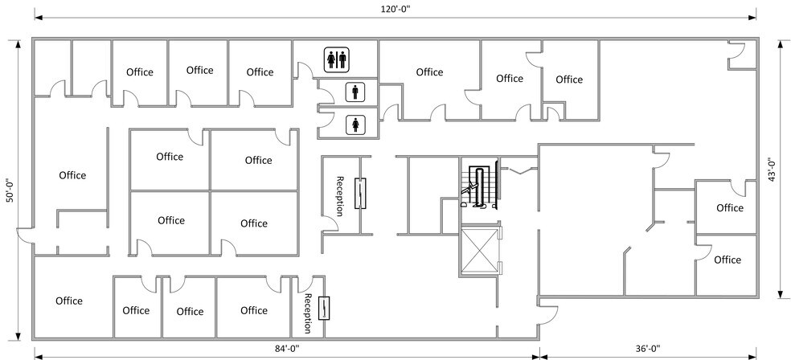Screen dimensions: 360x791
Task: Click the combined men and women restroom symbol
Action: click(335, 59)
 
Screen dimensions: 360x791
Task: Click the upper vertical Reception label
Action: click(340, 196)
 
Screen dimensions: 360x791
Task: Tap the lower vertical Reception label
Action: click(308, 313)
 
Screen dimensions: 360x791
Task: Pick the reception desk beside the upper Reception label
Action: click(362, 193)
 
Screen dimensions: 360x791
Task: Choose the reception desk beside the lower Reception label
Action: click(324, 309)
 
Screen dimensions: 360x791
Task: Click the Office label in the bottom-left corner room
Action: click(69, 301)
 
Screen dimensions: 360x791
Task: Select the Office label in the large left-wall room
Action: click(72, 175)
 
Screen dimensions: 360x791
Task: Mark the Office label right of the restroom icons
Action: click(429, 72)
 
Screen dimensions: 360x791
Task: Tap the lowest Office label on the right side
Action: click(727, 260)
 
